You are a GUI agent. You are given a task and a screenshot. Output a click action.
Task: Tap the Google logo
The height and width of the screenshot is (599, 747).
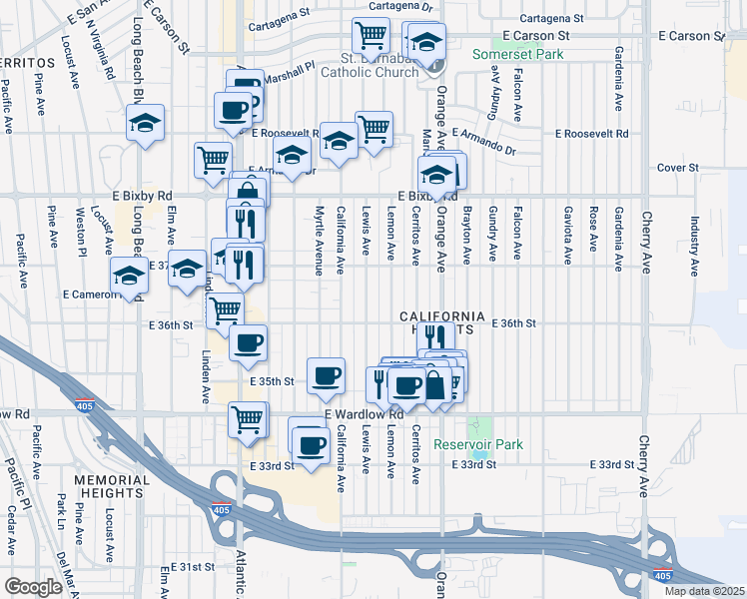pos(33,587)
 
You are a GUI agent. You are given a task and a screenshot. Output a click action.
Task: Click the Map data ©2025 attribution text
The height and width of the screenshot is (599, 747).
pos(703,591)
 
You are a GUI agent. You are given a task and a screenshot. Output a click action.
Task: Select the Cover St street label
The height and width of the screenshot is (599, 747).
pos(677,168)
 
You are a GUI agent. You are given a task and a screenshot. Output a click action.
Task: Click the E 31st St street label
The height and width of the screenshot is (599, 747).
pos(191,567)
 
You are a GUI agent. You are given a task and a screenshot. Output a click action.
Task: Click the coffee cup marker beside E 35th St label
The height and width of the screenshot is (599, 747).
pos(326,376)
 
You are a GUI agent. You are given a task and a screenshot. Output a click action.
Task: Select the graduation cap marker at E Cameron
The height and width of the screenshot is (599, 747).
pos(129,276)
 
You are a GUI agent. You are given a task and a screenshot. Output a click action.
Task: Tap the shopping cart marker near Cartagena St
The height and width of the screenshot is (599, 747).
pos(371,36)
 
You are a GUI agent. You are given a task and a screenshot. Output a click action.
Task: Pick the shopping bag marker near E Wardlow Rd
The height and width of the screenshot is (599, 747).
pos(435,384)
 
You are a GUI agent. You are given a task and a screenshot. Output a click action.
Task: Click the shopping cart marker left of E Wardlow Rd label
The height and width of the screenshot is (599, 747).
pos(248,419)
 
